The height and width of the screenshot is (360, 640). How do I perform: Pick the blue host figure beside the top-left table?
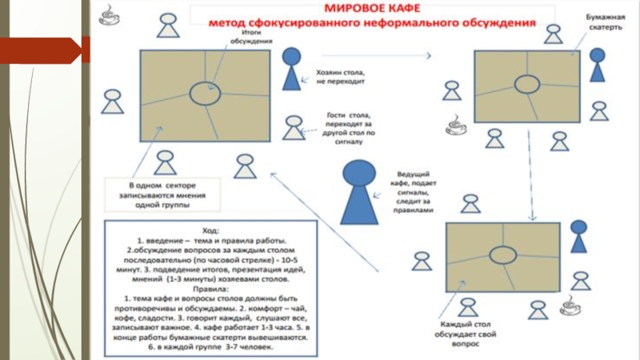(292, 69)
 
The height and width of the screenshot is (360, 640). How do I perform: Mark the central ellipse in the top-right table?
(526, 84)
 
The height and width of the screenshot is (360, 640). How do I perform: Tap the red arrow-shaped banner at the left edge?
(44, 52)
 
